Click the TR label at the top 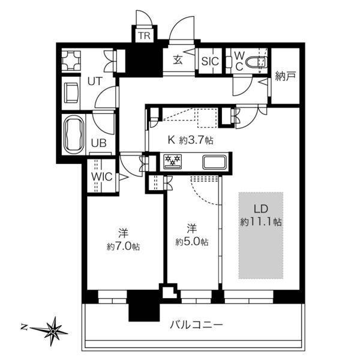click(144, 36)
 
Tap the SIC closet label click(209, 61)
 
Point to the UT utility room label click(95, 80)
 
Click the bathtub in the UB click(74, 135)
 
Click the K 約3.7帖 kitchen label click(190, 140)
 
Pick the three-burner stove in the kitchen click(173, 161)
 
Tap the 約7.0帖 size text click(124, 247)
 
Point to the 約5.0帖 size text click(192, 242)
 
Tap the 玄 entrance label click(178, 60)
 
